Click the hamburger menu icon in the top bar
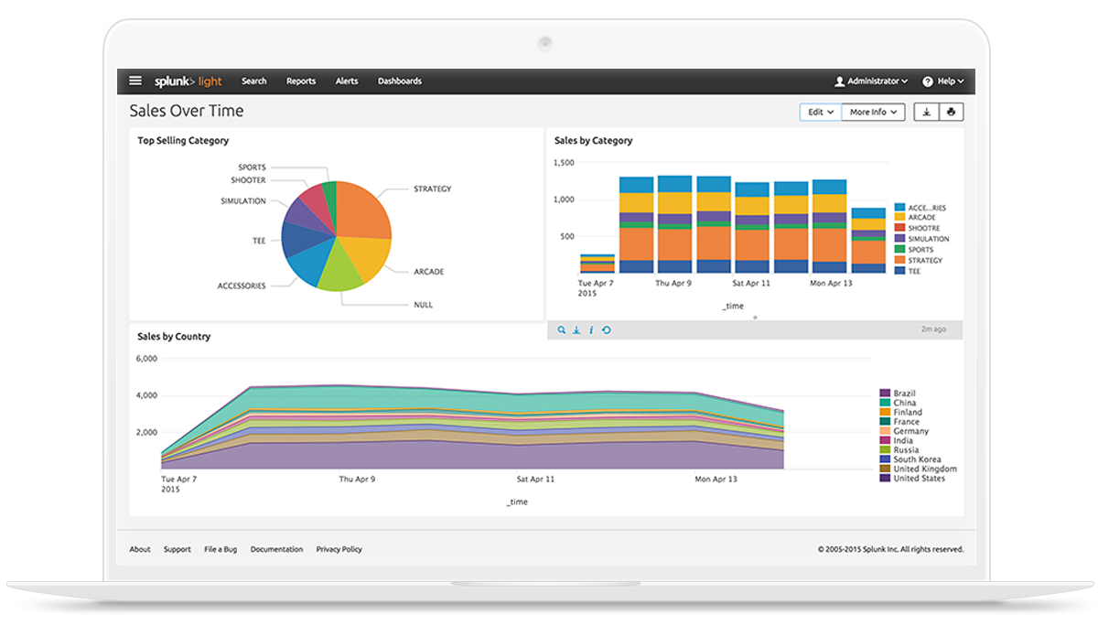pos(135,81)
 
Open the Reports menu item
pos(301,81)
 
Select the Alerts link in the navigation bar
pos(347,81)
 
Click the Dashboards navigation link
pos(400,81)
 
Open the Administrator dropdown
pos(871,81)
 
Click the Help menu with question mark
pos(938,81)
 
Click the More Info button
pos(873,112)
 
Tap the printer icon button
pos(952,112)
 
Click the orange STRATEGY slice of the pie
pos(361,210)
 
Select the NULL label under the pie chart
pos(423,305)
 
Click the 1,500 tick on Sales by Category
pos(564,163)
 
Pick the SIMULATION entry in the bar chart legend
pos(928,239)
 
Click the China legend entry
pos(904,403)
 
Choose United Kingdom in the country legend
pos(924,469)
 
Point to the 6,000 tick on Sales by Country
pos(146,359)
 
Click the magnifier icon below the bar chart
pos(562,330)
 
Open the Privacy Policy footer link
pos(339,549)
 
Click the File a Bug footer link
pos(221,549)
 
